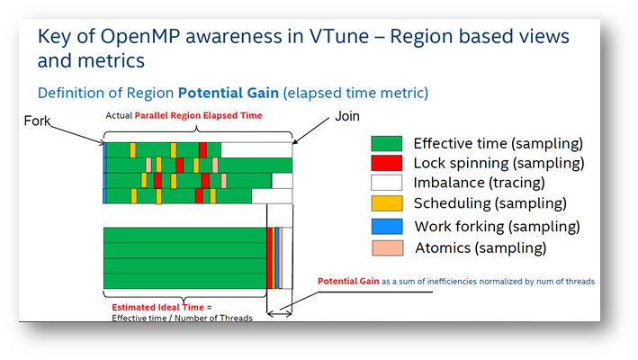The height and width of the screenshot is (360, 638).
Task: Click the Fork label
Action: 37,121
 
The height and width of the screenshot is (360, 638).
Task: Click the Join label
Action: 347,116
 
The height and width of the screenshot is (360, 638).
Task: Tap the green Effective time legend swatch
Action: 387,144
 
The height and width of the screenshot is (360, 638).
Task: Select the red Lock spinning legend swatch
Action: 387,163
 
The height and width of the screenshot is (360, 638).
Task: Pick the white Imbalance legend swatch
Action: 387,183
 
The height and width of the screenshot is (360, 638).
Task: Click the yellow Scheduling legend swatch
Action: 387,203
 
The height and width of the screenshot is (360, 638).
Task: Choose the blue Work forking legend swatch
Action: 387,227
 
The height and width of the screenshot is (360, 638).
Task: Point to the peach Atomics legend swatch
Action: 387,248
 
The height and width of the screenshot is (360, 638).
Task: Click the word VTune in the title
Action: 339,36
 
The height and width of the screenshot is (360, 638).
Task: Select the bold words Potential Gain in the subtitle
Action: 229,93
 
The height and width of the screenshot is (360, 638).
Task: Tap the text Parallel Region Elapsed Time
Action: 198,115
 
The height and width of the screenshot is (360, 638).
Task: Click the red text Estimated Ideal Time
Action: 157,307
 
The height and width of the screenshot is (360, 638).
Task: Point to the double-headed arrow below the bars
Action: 279,313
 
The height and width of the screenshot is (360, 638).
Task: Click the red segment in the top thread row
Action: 202,150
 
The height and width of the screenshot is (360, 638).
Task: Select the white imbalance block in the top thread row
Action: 256,150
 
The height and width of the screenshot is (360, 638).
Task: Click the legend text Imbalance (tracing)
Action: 479,183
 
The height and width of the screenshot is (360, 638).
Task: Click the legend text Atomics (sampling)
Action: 481,247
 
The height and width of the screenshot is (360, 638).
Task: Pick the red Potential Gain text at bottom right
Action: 348,281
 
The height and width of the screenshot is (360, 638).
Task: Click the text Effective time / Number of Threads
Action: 183,318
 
